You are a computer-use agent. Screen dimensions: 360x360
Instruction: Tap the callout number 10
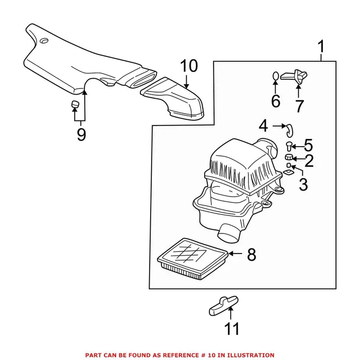coord(188,66)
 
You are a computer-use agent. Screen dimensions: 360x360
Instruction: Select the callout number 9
coord(81,135)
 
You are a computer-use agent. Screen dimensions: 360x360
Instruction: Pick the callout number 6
coord(276,101)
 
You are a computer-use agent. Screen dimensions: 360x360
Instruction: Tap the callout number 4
coord(263,125)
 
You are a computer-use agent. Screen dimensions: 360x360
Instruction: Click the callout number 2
coord(309,161)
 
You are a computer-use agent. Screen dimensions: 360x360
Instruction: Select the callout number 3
coord(303,184)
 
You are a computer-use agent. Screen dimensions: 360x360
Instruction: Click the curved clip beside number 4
coord(289,129)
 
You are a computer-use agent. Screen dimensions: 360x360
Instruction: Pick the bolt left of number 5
coord(290,145)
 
